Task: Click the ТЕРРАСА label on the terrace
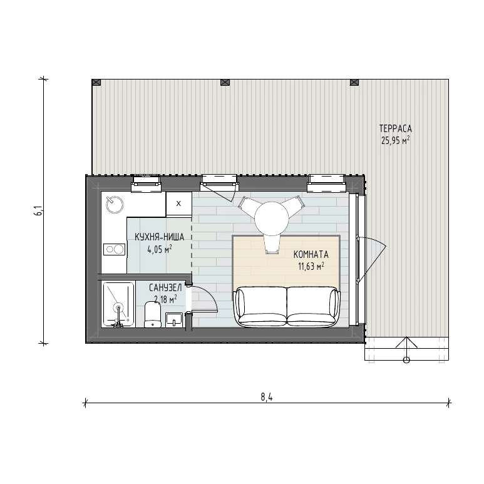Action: point(396,128)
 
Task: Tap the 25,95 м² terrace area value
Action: point(396,141)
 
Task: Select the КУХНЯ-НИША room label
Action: point(159,237)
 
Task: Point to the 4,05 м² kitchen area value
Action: point(160,249)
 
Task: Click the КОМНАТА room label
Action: point(311,255)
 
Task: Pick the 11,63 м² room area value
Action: point(311,266)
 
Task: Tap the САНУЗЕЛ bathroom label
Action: point(165,287)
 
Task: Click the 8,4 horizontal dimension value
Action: point(267,397)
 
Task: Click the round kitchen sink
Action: point(115,204)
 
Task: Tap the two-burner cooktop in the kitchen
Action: point(114,249)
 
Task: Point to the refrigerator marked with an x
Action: point(178,203)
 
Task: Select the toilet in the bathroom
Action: point(153,314)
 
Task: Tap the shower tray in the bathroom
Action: point(118,304)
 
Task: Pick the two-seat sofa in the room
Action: point(287,307)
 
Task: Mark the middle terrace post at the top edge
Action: point(225,82)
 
